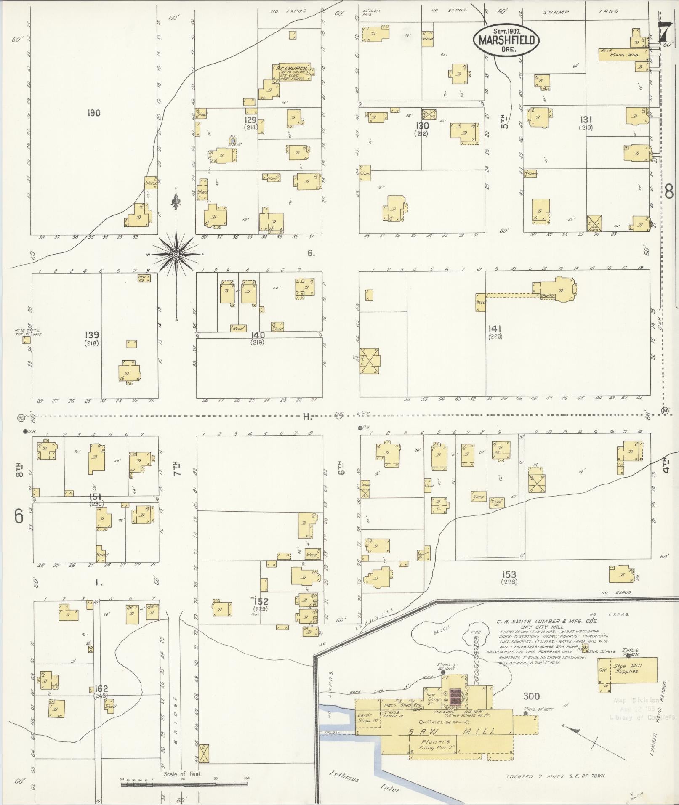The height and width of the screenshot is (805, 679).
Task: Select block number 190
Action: [x=94, y=113]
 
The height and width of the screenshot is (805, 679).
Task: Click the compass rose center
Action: [x=176, y=255]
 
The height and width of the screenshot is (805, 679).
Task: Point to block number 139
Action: [x=92, y=335]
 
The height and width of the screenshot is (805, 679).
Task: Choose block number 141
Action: [x=495, y=328]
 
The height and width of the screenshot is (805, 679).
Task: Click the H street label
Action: [x=306, y=417]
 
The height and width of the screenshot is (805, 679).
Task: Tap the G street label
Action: [x=311, y=253]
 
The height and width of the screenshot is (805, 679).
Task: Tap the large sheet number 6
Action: [x=19, y=516]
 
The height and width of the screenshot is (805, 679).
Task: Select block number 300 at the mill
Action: [x=532, y=696]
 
